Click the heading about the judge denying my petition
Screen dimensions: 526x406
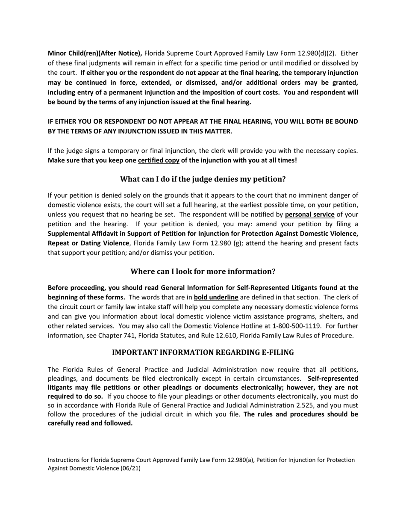(x=203, y=179)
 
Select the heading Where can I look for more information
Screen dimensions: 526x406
(x=203, y=272)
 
